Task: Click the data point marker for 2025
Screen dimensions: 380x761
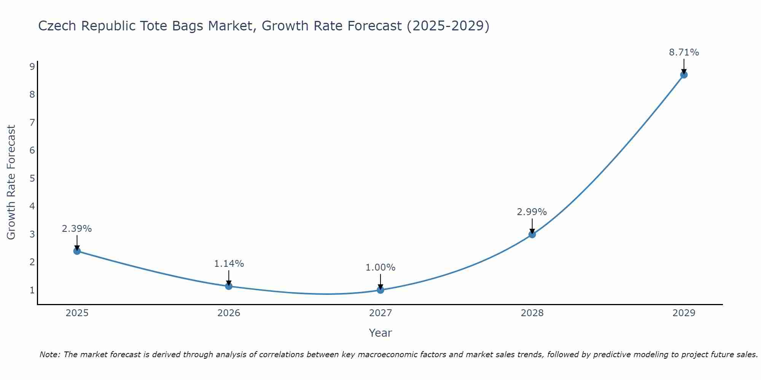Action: pos(77,251)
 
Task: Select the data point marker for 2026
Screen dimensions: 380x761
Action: pos(229,286)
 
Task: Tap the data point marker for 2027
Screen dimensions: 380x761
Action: pos(380,290)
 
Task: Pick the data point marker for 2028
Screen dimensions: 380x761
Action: pos(532,234)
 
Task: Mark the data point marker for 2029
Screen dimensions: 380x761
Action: pos(684,75)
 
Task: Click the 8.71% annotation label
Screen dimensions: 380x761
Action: pos(684,52)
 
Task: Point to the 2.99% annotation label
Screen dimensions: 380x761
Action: pos(532,212)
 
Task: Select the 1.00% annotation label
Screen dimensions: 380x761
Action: pos(380,268)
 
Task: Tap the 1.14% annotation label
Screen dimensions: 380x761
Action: pos(229,263)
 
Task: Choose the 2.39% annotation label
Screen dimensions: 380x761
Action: pos(77,229)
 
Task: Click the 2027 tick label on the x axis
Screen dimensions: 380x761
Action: pos(380,313)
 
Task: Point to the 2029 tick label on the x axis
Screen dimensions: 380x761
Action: pos(684,313)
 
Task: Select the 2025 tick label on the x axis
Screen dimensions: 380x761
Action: pos(77,313)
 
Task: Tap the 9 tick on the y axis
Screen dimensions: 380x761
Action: pos(32,67)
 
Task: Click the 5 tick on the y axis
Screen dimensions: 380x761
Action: pos(32,178)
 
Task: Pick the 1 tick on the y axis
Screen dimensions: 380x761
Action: pos(32,290)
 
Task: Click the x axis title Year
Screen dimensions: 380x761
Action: pos(380,333)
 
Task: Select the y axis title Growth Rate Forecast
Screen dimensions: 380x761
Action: pos(11,182)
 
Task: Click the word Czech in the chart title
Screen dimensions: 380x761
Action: pos(57,26)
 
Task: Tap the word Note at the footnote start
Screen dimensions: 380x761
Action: pos(49,355)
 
